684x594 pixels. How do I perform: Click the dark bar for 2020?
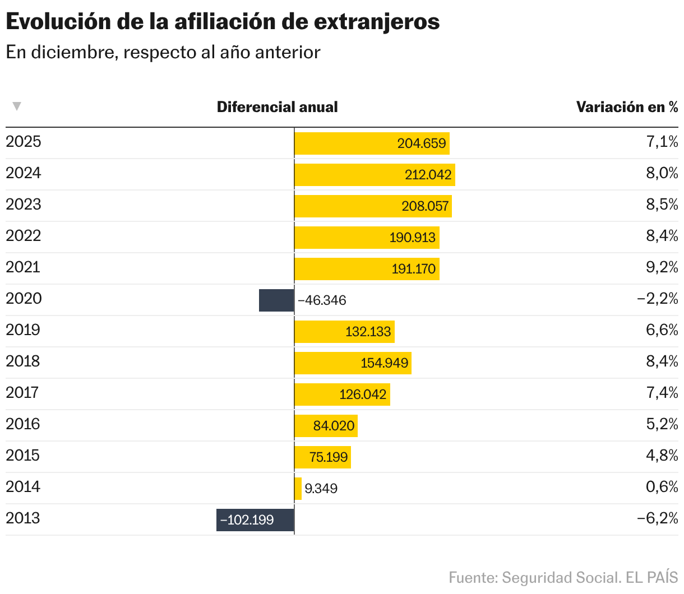(x=276, y=300)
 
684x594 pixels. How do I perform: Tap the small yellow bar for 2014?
(x=298, y=489)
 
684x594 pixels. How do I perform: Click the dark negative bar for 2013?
(x=255, y=520)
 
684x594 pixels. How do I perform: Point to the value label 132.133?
(x=368, y=332)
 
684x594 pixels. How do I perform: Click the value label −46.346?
(x=322, y=300)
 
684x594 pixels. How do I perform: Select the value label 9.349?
(x=321, y=489)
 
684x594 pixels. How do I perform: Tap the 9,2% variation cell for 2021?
(x=662, y=267)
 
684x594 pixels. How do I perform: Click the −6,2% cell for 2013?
(x=657, y=518)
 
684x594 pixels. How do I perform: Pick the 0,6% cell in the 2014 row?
(x=662, y=487)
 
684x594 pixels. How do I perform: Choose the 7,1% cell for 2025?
(x=662, y=142)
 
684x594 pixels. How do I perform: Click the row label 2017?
(x=22, y=392)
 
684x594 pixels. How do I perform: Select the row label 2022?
(x=24, y=235)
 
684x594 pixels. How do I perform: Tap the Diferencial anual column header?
(x=277, y=107)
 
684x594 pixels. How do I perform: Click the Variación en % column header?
(x=627, y=107)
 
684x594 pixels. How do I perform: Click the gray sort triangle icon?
(x=17, y=106)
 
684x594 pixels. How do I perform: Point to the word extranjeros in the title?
(x=376, y=22)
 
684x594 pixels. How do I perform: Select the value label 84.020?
(x=334, y=426)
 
